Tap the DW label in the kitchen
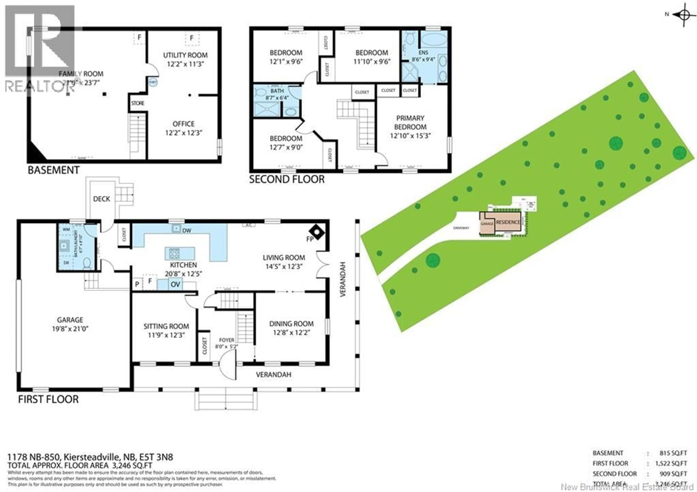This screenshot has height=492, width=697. (187, 231)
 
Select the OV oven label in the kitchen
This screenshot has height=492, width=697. (176, 284)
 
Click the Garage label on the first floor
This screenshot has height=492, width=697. (70, 320)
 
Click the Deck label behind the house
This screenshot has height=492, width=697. (101, 199)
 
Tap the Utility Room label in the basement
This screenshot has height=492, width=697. (185, 55)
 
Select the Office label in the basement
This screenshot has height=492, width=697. (183, 124)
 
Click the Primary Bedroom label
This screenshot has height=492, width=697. (410, 122)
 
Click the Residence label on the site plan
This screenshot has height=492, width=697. (508, 222)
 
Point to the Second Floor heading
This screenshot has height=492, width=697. (287, 179)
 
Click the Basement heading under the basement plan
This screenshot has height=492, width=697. (54, 170)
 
